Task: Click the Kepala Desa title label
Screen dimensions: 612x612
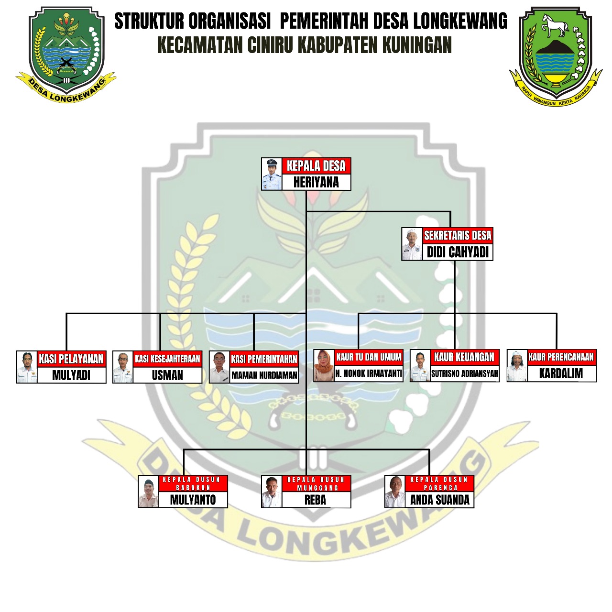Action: pos(316,166)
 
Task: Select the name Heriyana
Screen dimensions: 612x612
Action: pos(316,182)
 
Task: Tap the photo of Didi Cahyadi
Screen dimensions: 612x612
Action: pos(412,244)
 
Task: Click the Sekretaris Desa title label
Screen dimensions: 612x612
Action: pos(458,235)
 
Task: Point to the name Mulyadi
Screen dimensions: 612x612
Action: pos(71,375)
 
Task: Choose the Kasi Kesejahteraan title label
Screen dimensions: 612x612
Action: pos(167,359)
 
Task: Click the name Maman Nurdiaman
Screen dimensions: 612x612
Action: pos(264,375)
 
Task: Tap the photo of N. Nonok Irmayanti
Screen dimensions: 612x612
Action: pos(324,365)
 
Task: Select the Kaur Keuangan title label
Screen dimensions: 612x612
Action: pos(464,357)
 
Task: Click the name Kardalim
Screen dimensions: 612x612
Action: pos(561,373)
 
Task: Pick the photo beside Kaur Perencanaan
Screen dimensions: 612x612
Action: pos(517,366)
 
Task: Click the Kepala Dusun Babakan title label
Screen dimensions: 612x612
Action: pos(193,483)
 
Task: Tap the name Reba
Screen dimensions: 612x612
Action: pos(316,500)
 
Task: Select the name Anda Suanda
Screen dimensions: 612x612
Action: pos(439,500)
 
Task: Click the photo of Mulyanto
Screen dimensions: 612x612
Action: pos(149,492)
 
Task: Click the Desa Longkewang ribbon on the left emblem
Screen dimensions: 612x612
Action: pos(67,91)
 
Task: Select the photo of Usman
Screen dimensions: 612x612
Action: pos(123,367)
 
